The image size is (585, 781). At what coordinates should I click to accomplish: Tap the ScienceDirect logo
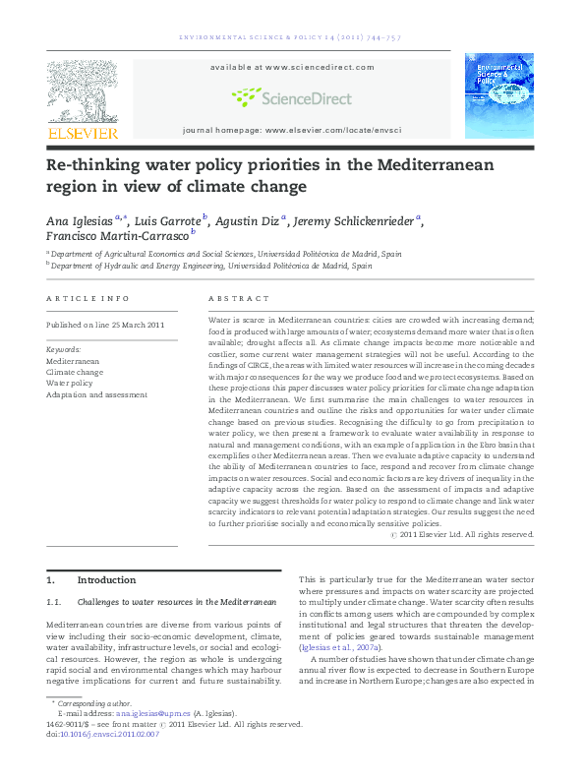tap(291, 97)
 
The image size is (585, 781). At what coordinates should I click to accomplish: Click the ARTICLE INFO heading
tap(88, 298)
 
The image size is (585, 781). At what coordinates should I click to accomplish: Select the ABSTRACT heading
tap(239, 298)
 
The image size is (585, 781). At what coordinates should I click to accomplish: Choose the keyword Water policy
tap(71, 384)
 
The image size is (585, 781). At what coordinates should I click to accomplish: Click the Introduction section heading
tap(107, 580)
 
